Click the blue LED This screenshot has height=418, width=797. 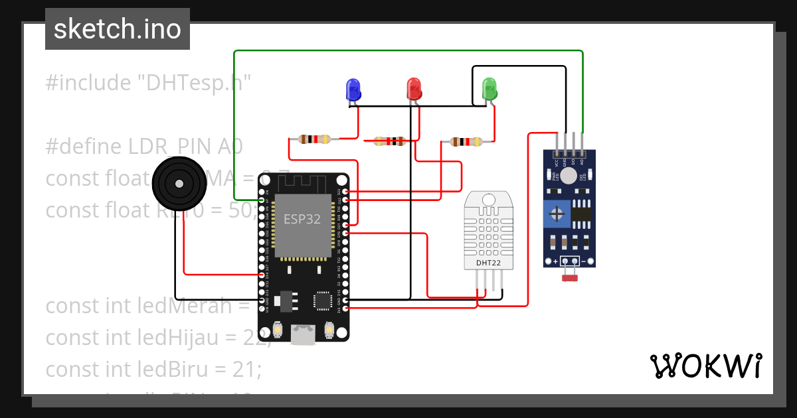[x=353, y=89]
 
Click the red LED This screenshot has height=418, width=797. [x=414, y=88]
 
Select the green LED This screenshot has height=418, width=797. [x=489, y=88]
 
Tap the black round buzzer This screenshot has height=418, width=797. [x=178, y=184]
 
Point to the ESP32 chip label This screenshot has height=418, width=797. [x=302, y=220]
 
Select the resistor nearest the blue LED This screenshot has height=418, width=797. [x=314, y=139]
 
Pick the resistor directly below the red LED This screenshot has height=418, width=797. [x=390, y=141]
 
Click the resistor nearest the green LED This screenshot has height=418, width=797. [x=466, y=141]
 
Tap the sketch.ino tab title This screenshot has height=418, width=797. [x=117, y=29]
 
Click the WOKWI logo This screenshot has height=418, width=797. [x=705, y=366]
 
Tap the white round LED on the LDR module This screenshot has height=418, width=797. [x=569, y=174]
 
